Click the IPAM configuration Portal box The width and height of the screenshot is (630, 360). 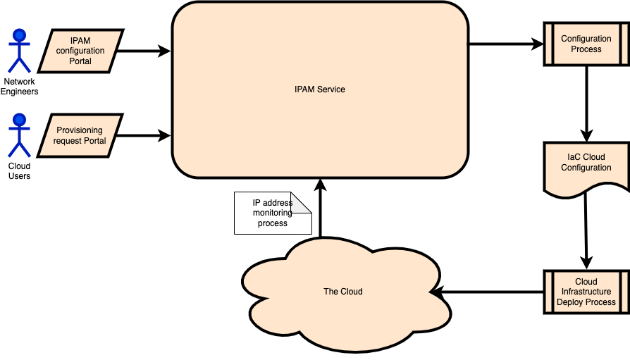click(80, 51)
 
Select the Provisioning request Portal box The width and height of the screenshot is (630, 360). click(80, 135)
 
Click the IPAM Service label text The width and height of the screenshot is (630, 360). click(320, 89)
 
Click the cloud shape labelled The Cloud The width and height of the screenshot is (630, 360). click(343, 291)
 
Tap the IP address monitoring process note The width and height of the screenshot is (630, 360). click(271, 213)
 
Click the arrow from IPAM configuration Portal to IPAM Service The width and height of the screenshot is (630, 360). click(144, 51)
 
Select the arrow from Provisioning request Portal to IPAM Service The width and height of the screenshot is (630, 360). click(144, 135)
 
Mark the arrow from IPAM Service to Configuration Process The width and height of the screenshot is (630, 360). click(505, 44)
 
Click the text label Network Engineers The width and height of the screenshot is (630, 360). click(20, 87)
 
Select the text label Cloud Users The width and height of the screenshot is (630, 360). click(19, 171)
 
